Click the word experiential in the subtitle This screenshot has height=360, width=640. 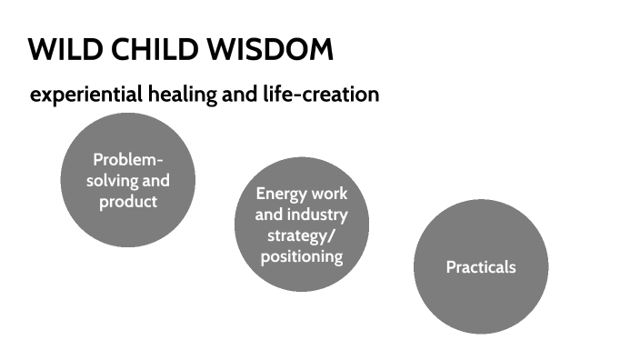pos(83,95)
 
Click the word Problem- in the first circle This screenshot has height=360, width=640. pos(128,161)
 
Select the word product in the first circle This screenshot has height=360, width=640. pos(128,201)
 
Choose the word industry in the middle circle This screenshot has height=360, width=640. pos(316,215)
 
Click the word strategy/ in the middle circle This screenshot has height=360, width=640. pos(302,235)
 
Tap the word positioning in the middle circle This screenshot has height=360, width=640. pos(302,256)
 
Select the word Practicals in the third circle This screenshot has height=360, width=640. pos(481,267)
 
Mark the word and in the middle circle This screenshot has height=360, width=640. pos(269,215)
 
